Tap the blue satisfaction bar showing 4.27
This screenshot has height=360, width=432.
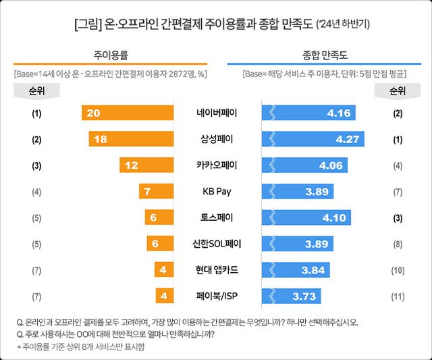(x=313, y=139)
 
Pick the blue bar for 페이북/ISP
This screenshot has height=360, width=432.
(x=291, y=296)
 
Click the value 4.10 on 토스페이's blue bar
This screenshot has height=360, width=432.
(x=333, y=217)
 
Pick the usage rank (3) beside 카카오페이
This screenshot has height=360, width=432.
(x=36, y=165)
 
